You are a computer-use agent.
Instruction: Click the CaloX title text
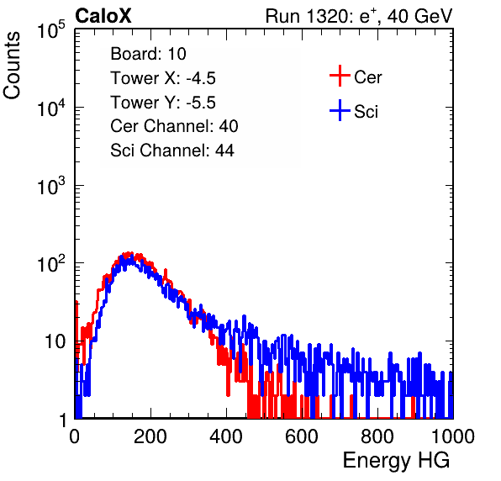click(x=103, y=16)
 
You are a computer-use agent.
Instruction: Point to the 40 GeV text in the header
click(x=419, y=16)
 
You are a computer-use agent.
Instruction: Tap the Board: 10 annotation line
click(x=148, y=53)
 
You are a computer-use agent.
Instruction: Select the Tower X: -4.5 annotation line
click(x=163, y=78)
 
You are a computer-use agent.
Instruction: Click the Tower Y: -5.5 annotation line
click(x=163, y=103)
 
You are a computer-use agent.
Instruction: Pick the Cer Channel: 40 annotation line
click(x=174, y=126)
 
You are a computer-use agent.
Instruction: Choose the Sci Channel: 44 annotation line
click(x=172, y=151)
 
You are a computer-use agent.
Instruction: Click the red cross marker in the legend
click(x=340, y=76)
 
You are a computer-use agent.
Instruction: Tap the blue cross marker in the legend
click(x=340, y=111)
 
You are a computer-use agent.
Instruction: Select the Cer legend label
click(x=367, y=77)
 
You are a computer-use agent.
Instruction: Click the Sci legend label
click(x=367, y=112)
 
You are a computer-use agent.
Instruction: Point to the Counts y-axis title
click(x=12, y=66)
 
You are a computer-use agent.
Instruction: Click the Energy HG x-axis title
click(x=396, y=460)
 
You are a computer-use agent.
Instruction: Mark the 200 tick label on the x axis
click(x=150, y=436)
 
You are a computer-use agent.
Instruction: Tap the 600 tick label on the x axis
click(x=302, y=436)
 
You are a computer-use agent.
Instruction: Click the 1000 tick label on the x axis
click(x=453, y=436)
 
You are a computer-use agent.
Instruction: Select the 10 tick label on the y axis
click(x=56, y=341)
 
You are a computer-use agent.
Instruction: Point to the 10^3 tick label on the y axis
click(x=51, y=186)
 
